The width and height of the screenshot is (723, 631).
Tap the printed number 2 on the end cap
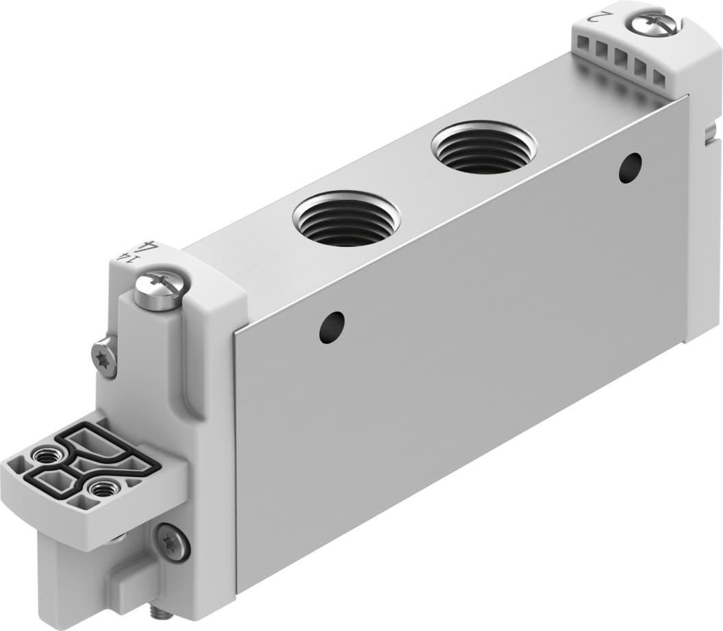pos(598,16)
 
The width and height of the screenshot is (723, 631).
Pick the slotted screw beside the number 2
pos(655,25)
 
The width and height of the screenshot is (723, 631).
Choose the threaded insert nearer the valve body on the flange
pos(102,489)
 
